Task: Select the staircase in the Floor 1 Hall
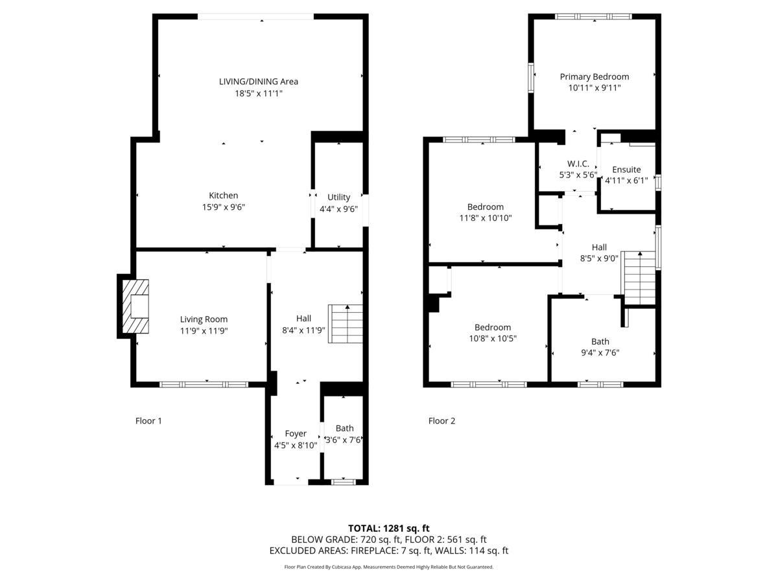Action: pyautogui.click(x=346, y=325)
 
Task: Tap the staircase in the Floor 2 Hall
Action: pyautogui.click(x=639, y=279)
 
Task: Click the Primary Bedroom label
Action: pyautogui.click(x=594, y=76)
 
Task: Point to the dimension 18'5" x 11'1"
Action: pyautogui.click(x=259, y=93)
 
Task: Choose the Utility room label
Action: pyautogui.click(x=338, y=197)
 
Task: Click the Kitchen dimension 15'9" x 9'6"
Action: pyautogui.click(x=223, y=207)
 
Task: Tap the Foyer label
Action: pyautogui.click(x=296, y=433)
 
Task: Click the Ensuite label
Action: pyautogui.click(x=626, y=170)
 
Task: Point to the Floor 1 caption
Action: pyautogui.click(x=148, y=421)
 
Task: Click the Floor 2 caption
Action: pyautogui.click(x=442, y=421)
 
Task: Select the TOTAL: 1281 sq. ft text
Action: pyautogui.click(x=388, y=528)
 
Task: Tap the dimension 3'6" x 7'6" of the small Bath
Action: pyautogui.click(x=344, y=440)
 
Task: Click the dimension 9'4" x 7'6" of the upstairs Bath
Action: pyautogui.click(x=600, y=353)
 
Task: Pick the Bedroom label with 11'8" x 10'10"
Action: pyautogui.click(x=485, y=207)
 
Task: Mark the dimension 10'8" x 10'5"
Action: pyautogui.click(x=492, y=339)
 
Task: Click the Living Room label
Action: pyautogui.click(x=204, y=319)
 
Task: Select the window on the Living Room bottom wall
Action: pyautogui.click(x=204, y=384)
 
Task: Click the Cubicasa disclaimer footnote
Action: pyautogui.click(x=388, y=567)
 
